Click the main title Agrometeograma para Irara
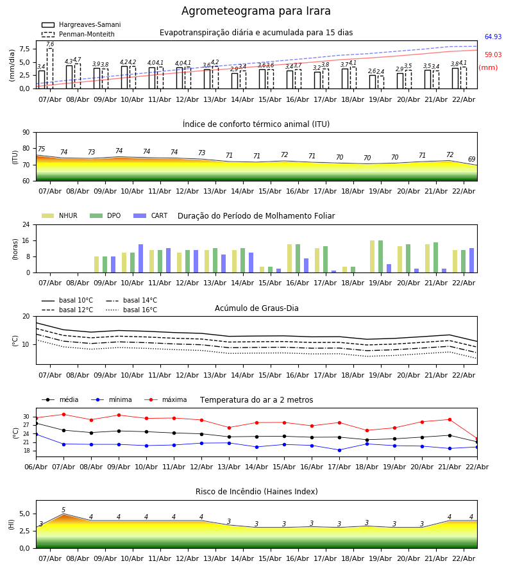pos(256,12)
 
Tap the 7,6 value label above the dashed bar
pos(50,44)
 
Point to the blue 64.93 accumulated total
pos(492,37)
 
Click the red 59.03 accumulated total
pos(492,55)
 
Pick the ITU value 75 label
pos(41,149)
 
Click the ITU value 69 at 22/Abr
pos(471,160)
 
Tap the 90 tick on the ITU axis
pos(26,133)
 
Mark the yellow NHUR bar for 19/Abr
pos(372,256)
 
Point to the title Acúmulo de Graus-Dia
pos(256,308)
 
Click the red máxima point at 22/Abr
pos(476,439)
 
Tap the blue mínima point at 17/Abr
pos(339,450)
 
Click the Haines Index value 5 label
pos(63,510)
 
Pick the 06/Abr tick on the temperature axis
pos(36,466)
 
